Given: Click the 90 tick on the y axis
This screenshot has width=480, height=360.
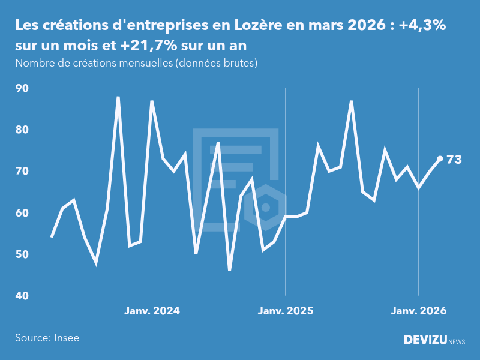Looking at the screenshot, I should (22, 88).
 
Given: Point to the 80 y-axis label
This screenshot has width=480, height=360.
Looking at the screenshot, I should (22, 130).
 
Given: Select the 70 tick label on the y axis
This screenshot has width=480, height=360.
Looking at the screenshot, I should (22, 171).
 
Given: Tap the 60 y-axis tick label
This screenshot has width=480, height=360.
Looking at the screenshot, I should (22, 213).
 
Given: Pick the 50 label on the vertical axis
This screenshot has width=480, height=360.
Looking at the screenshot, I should (22, 254).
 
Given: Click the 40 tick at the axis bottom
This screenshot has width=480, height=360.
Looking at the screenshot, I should (22, 296).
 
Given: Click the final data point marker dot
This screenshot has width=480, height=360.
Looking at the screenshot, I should (440, 159).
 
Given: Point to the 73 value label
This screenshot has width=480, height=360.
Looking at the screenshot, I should (454, 160).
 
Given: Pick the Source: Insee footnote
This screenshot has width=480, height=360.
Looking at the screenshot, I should (47, 338).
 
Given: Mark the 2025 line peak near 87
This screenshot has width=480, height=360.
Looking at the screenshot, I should (352, 101).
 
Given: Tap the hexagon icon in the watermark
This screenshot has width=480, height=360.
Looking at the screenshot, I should (265, 208).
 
